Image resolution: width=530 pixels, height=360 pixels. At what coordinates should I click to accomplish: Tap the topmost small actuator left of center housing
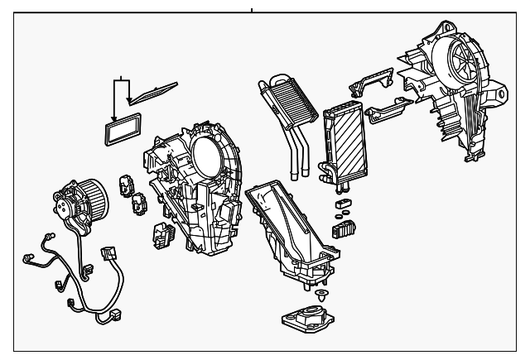tap(129, 185)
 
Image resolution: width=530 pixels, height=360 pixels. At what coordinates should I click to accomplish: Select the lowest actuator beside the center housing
tap(161, 236)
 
